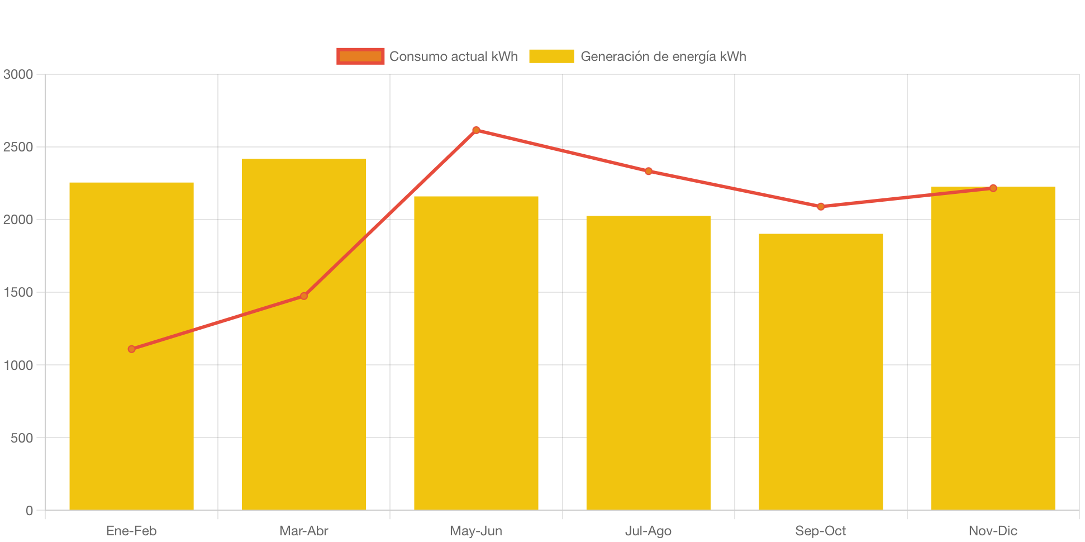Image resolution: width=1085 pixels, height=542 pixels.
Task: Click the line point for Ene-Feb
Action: point(131,349)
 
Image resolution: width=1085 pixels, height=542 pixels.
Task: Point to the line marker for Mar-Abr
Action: point(304,296)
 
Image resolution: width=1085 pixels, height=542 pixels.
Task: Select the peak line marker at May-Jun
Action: point(476,130)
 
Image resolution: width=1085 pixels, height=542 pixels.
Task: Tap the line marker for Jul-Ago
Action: point(648,171)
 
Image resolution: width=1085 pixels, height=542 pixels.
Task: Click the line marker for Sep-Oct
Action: point(821,207)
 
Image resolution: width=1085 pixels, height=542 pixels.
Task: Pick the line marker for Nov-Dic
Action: point(993,188)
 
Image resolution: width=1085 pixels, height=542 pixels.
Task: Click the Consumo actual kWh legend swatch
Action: point(360,56)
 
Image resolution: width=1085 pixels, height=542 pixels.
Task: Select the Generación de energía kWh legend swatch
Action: point(551,56)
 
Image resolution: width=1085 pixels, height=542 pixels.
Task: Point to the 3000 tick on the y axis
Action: point(18,74)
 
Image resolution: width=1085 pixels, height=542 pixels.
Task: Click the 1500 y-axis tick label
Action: point(18,292)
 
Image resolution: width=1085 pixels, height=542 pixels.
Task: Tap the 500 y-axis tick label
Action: point(22,438)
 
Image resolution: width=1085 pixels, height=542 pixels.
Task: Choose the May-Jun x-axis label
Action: point(476,531)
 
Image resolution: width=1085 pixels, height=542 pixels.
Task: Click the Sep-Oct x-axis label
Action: point(821,531)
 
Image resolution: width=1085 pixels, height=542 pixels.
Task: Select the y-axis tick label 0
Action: point(29,511)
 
